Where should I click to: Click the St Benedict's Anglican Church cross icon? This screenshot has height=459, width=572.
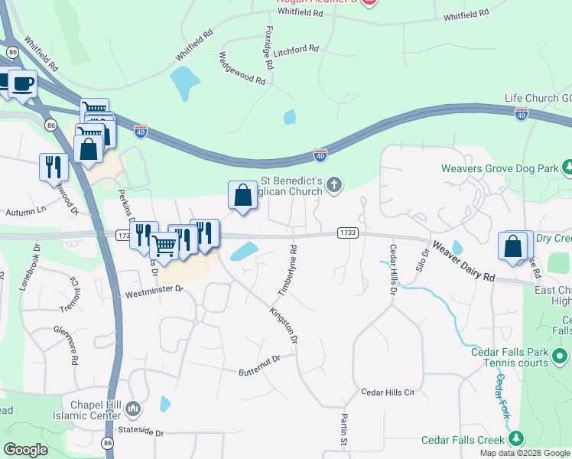(333, 184)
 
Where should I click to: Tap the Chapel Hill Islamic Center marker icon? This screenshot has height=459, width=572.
(135, 410)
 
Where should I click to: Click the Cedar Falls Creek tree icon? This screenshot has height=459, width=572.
(517, 439)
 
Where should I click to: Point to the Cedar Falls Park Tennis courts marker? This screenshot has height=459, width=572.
(560, 356)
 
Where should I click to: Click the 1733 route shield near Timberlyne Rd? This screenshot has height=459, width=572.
(347, 232)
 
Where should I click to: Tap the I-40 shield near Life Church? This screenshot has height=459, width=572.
(522, 114)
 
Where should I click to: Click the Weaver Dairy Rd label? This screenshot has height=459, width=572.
(464, 262)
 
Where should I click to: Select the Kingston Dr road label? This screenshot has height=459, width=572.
(282, 324)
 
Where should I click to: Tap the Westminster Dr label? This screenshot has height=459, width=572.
(154, 291)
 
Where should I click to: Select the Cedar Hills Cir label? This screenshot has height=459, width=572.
(388, 392)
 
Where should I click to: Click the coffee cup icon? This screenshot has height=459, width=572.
(21, 83)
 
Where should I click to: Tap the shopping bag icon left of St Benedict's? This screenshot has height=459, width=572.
(242, 194)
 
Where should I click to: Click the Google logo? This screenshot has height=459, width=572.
(26, 449)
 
